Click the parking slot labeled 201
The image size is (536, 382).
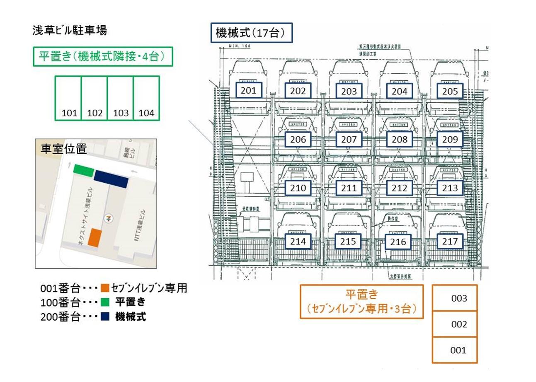(x=249, y=90)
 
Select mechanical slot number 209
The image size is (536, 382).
(x=450, y=139)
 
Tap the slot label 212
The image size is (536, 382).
(x=400, y=188)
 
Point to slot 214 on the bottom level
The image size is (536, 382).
(x=298, y=241)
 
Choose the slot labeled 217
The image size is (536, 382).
(x=450, y=241)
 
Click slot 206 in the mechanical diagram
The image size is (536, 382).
(x=298, y=139)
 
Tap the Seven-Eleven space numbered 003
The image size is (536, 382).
(x=455, y=298)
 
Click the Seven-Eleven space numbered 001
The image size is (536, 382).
(x=455, y=350)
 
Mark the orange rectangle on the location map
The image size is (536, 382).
(x=95, y=238)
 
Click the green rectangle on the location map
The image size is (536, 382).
(x=84, y=170)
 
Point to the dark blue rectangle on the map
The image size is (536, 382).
(x=111, y=179)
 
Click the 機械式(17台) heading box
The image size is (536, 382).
(x=252, y=33)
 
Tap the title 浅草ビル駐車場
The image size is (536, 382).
(x=70, y=30)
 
